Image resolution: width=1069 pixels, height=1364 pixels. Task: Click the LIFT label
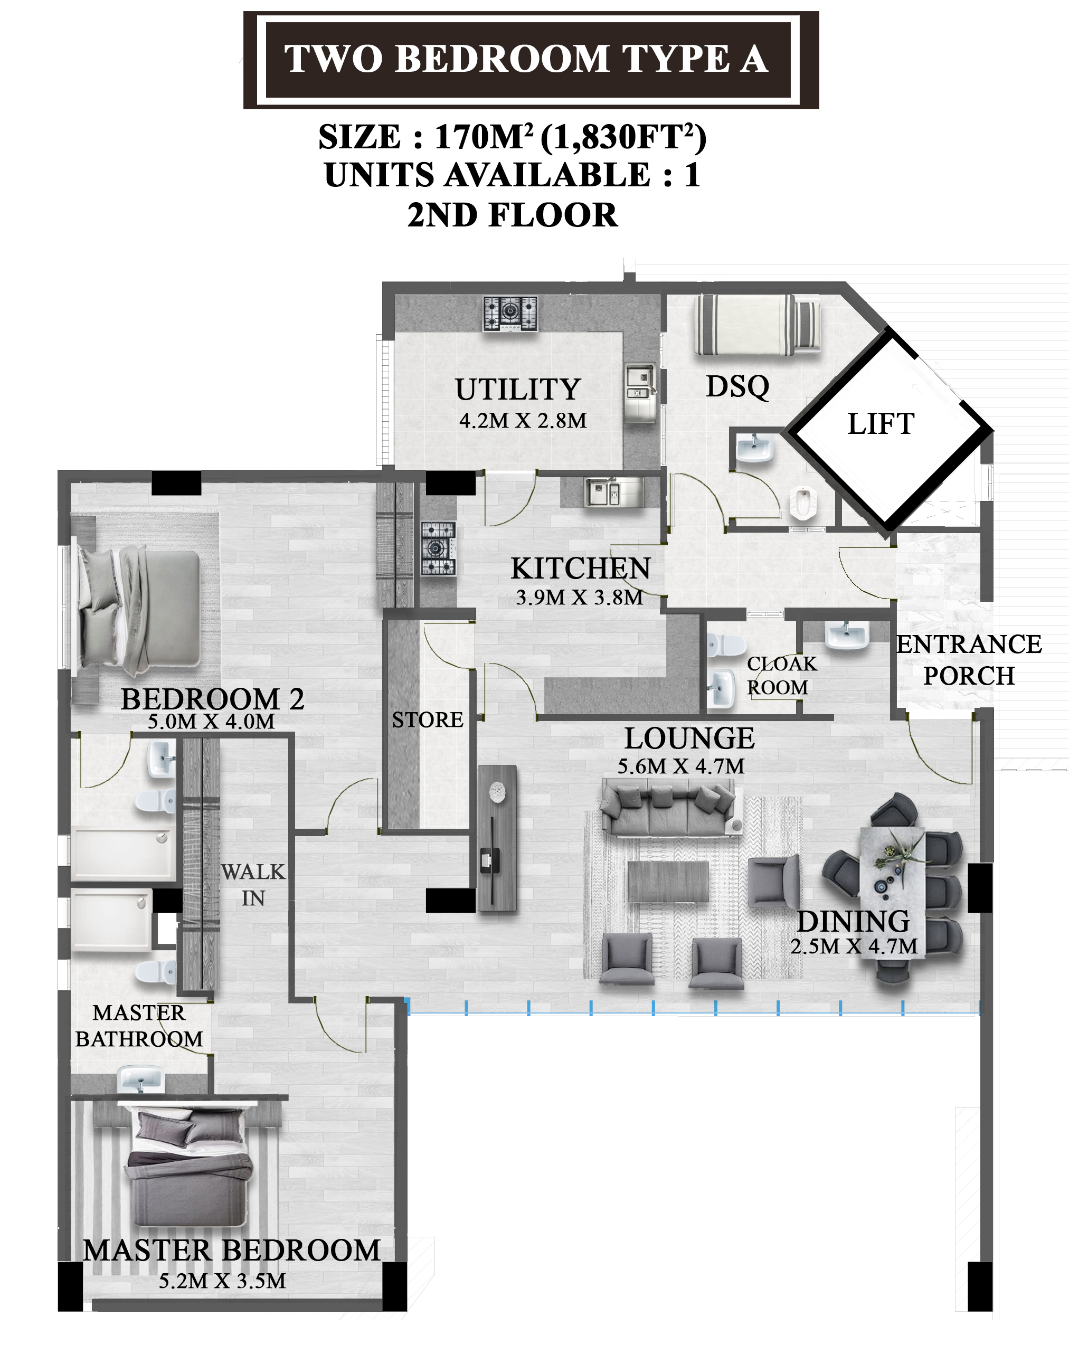coord(881,423)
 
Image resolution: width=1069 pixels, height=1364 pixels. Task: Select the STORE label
coord(428,719)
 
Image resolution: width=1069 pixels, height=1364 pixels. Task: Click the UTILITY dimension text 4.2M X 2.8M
coord(523,421)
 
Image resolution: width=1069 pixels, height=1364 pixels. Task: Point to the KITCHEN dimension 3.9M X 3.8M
coord(580,598)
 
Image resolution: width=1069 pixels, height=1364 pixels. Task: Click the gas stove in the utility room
coord(510,314)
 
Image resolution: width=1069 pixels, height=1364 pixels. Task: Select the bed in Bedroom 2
coord(138,610)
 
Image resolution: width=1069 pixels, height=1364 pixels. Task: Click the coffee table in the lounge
coord(668,882)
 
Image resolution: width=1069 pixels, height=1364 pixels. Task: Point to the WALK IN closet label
coord(253,885)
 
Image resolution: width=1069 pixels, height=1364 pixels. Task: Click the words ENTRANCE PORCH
coord(969,660)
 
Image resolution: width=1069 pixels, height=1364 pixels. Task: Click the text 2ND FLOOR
coord(512,215)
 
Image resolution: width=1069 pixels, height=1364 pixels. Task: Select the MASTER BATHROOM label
coord(139,1026)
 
